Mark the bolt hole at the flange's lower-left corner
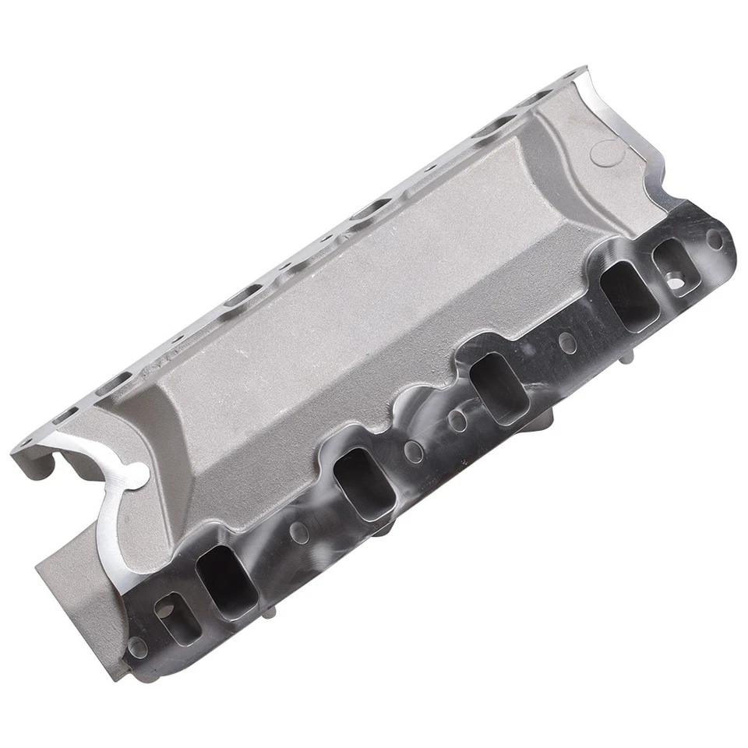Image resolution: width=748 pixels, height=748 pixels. pyautogui.click(x=138, y=647)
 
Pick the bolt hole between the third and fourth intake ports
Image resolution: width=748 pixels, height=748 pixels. pyautogui.click(x=568, y=341)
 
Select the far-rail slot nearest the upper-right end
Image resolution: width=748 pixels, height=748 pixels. pyautogui.click(x=492, y=124)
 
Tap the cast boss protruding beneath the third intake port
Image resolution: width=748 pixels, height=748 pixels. pyautogui.click(x=538, y=425)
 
